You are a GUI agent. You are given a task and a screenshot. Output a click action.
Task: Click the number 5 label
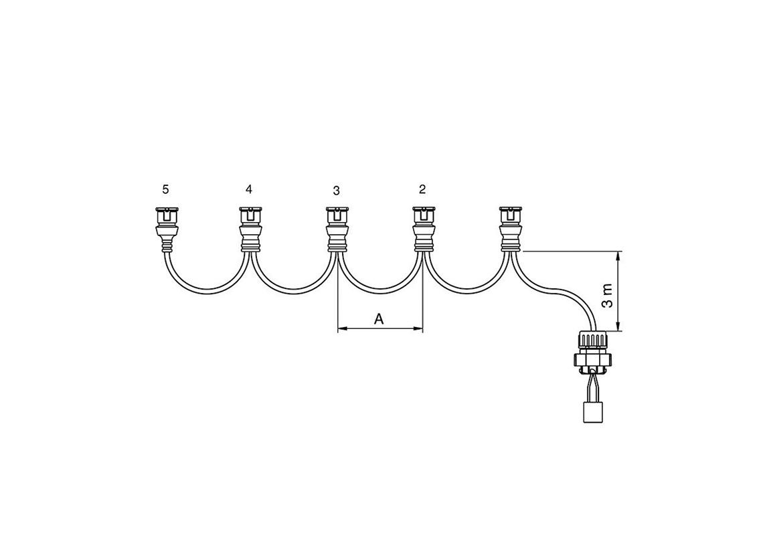[165, 190]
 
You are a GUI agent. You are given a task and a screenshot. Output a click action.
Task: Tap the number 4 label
[249, 189]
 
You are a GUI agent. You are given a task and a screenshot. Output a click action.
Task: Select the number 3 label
[336, 191]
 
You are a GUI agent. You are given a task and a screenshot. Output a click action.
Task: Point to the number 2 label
[422, 189]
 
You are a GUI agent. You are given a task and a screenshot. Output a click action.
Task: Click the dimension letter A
[379, 320]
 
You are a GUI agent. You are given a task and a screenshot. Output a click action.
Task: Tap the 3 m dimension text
[607, 295]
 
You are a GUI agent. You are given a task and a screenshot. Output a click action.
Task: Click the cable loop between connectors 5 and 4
[207, 290]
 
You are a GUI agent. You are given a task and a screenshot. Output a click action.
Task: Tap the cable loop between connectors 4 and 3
[292, 290]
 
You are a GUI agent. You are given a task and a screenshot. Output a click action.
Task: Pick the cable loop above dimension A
[379, 290]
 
